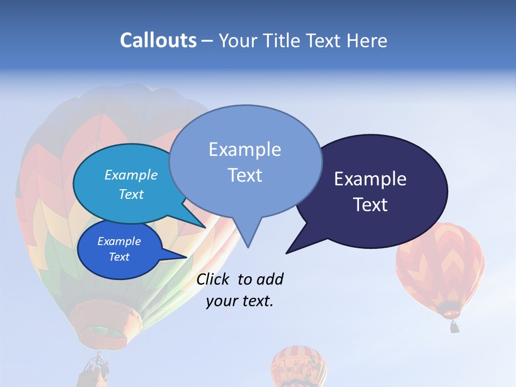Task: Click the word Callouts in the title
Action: [158, 40]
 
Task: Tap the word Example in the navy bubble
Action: [370, 179]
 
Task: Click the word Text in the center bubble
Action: [245, 175]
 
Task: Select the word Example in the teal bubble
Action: [131, 175]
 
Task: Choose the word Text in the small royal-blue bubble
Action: [119, 257]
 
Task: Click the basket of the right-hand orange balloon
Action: [455, 326]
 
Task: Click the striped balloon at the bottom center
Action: [299, 367]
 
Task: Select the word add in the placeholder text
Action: [269, 279]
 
